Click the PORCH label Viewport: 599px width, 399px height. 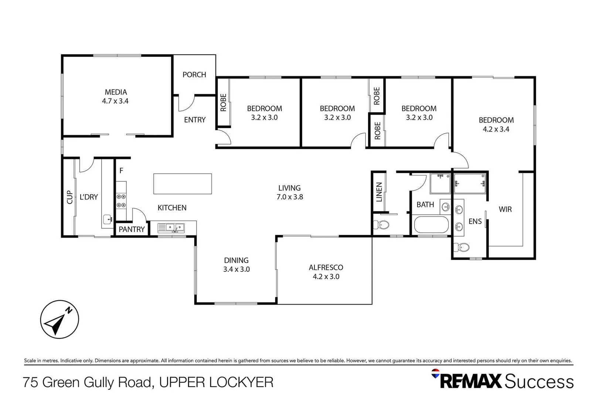(194, 75)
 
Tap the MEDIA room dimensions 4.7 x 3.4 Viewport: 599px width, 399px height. (115, 101)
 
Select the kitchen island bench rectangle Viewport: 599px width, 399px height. (183, 184)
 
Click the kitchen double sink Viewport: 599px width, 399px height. (171, 227)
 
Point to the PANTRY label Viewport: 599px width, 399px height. (132, 229)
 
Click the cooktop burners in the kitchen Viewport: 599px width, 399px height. (121, 201)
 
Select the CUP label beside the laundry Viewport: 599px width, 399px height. (69, 197)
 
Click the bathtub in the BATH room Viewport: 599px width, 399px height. (431, 224)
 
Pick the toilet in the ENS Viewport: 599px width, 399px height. (462, 247)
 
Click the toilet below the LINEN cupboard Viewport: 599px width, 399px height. (381, 224)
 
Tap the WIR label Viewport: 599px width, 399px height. (505, 209)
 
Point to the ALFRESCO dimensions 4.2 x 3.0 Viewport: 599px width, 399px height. (326, 277)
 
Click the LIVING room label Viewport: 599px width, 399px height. (289, 188)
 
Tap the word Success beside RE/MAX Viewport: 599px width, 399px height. (539, 382)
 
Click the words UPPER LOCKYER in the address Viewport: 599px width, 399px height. (216, 382)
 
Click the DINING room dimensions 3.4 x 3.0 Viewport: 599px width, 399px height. (236, 270)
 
